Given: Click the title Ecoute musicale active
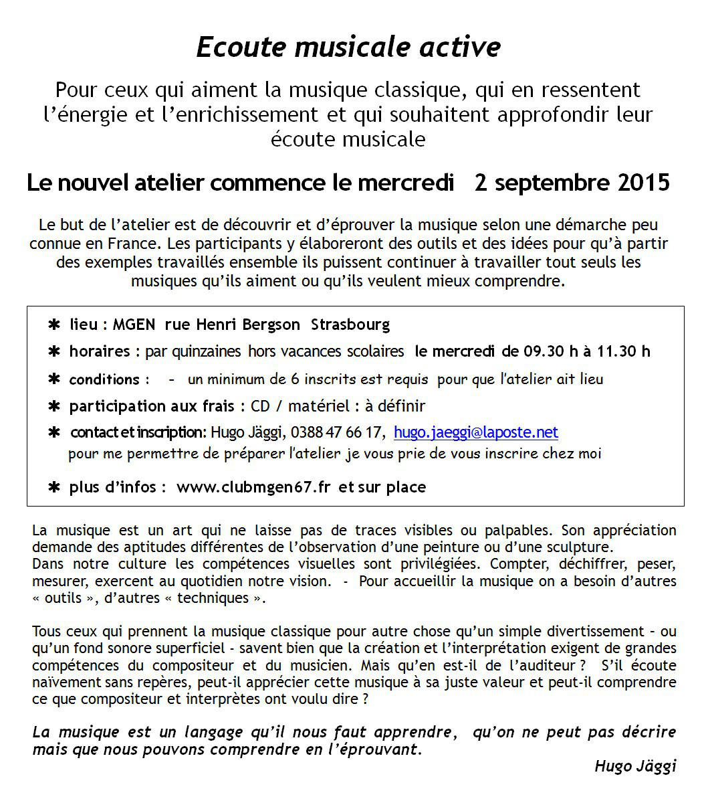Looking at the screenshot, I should click(x=348, y=48).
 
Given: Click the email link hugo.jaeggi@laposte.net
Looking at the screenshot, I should click(x=476, y=433).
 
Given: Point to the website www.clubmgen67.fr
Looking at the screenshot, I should click(x=253, y=487).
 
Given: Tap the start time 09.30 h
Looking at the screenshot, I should click(x=539, y=351).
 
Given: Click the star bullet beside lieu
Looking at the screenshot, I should click(x=54, y=325).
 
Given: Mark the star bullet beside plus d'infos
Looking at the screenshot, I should click(x=54, y=487).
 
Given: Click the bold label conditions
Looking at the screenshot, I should click(x=104, y=379).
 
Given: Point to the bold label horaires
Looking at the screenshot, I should click(x=99, y=351).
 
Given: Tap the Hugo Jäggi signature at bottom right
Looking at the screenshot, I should click(x=635, y=767).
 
